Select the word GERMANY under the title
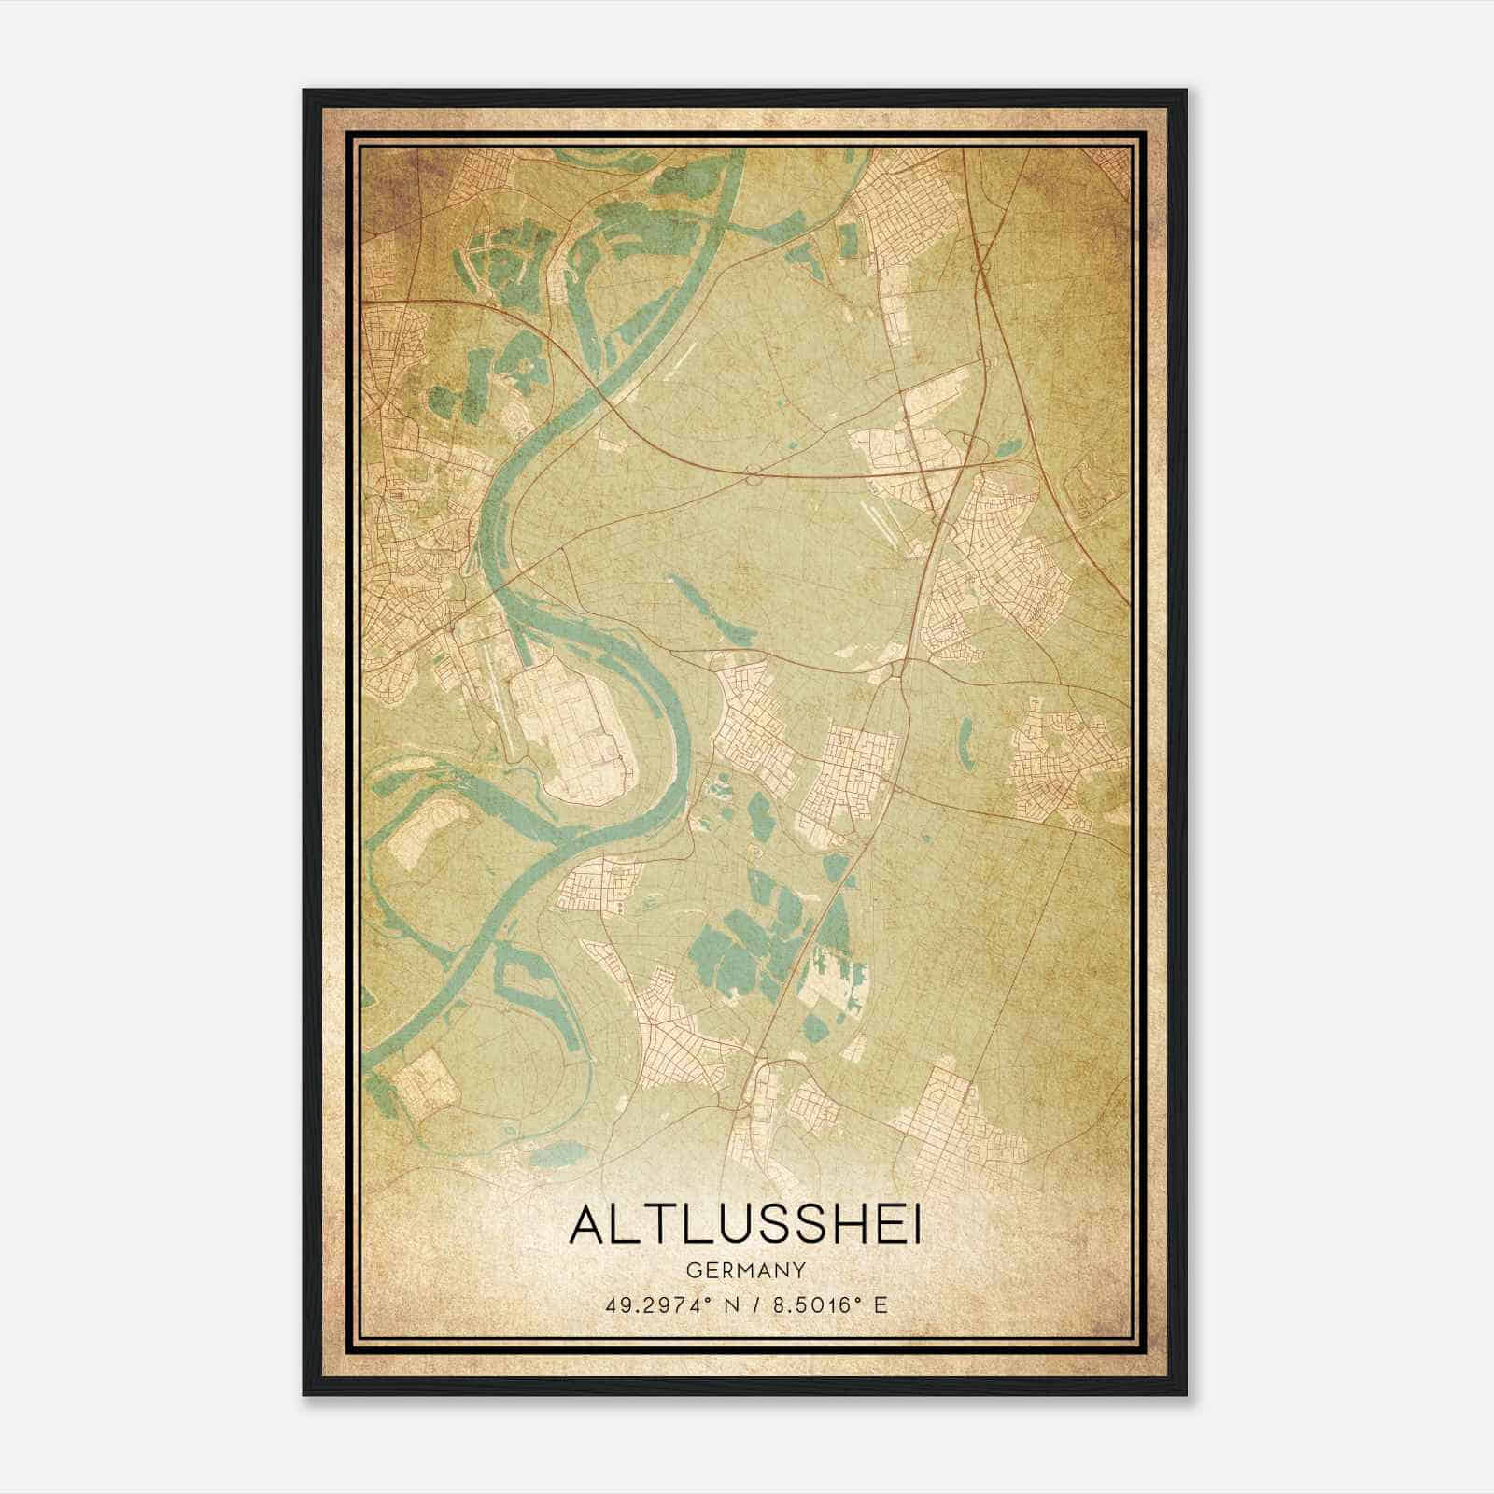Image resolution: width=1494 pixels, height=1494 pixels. click(745, 1270)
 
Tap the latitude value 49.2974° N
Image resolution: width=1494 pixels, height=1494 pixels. click(664, 1304)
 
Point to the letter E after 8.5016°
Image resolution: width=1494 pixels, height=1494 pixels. click(881, 1304)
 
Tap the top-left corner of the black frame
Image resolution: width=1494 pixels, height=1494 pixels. click(304, 91)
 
